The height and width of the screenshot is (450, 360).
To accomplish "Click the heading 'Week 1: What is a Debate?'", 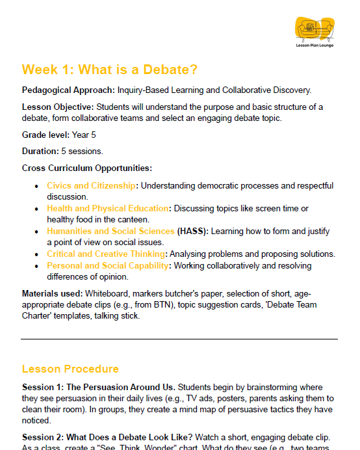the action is [110, 70].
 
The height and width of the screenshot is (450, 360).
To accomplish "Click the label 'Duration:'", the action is [40, 151].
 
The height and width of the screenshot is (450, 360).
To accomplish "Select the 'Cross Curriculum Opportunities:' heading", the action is [86, 168].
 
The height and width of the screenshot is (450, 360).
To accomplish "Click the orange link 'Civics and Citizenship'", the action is [91, 185].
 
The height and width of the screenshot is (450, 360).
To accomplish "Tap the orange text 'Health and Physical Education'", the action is [107, 208].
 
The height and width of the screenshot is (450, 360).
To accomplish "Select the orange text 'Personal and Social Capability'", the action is [107, 266].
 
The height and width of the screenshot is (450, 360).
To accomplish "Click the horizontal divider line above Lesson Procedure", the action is [179, 339].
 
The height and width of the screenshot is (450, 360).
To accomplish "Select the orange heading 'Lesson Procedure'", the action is [70, 369].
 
